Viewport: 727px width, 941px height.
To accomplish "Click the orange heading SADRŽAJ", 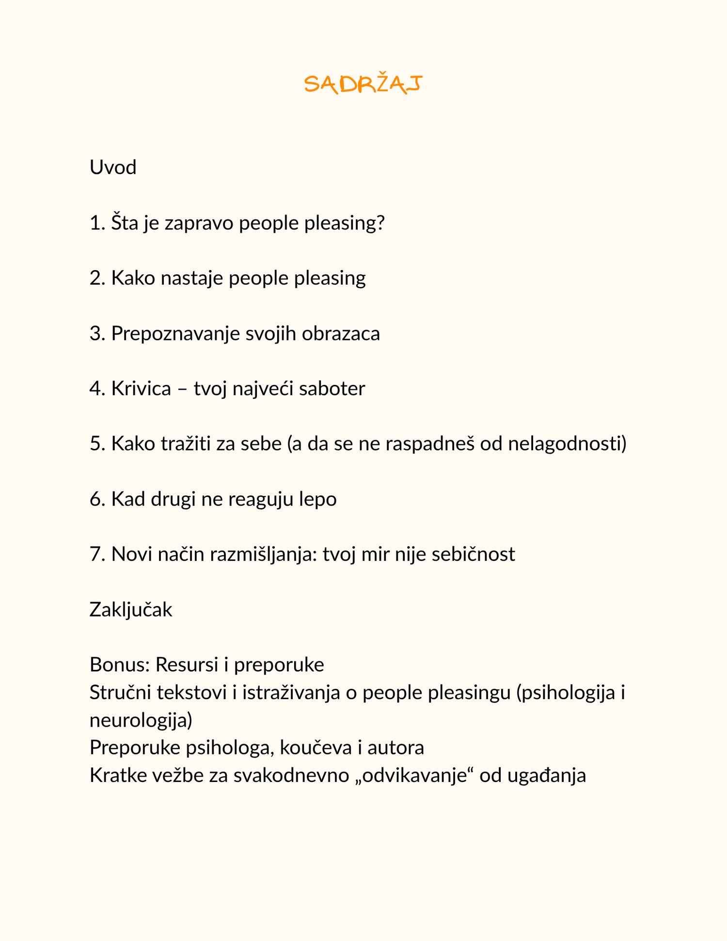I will pos(363,84).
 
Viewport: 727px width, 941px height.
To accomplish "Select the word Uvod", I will pos(113,168).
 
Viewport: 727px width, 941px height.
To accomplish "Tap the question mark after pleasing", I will pos(380,223).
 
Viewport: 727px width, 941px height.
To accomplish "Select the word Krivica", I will pos(141,389).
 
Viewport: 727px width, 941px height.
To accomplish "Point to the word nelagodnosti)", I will pos(567,444).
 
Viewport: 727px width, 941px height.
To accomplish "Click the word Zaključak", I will pos(131,610).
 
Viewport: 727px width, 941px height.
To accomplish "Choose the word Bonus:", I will pos(120,665).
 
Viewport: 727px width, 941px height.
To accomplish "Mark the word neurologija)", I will pos(141,720).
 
